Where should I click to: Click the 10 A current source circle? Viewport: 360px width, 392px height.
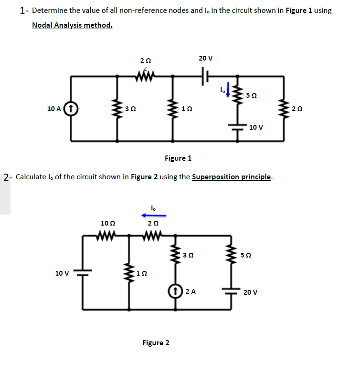tap(71, 109)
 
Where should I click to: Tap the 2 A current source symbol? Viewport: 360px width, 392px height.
tap(176, 291)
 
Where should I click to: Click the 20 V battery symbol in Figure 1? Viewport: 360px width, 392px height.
tap(206, 76)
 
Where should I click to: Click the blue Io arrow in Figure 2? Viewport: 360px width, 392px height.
tap(153, 215)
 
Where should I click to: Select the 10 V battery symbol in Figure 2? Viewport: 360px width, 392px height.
tap(83, 273)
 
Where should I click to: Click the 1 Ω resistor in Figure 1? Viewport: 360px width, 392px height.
tap(172, 109)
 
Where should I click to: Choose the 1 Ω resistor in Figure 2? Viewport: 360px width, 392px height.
tap(129, 273)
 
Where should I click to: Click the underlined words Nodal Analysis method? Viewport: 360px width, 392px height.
tap(72, 25)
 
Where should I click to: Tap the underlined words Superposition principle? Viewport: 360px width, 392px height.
tap(232, 177)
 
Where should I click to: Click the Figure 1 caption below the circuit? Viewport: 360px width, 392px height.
tap(178, 158)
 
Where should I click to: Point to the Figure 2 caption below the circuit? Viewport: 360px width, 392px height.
tap(156, 342)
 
